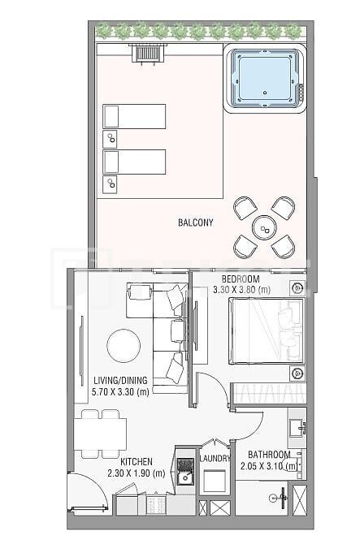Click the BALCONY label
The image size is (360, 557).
195,222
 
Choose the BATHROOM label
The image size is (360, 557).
269,455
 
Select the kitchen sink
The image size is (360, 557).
186,477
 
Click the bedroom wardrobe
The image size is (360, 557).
267,393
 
